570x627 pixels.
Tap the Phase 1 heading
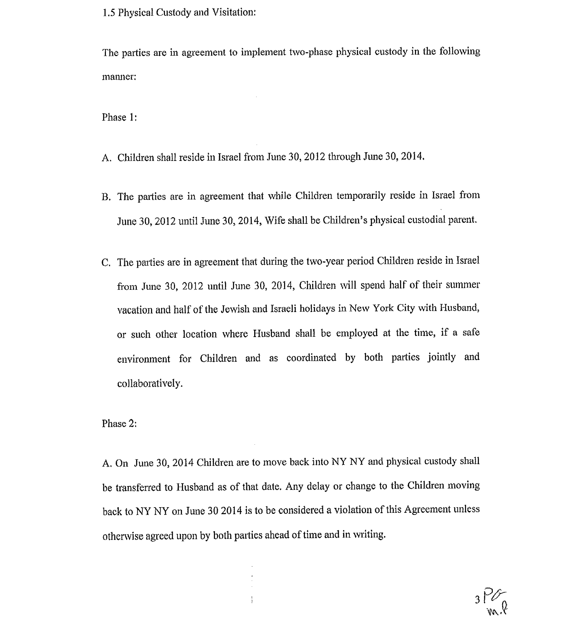point(119,117)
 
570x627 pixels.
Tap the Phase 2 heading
point(119,424)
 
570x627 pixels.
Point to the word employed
point(357,333)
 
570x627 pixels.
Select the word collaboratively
point(150,383)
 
